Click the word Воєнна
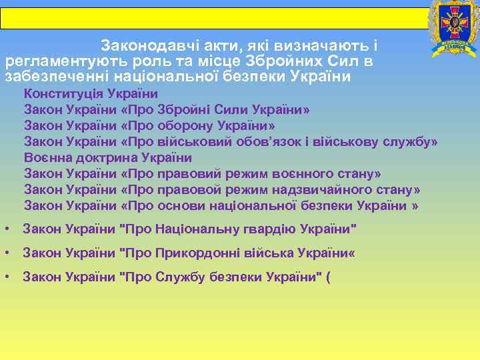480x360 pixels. point(47,157)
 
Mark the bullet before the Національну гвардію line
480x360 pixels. point(6,229)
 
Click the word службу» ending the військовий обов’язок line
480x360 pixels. point(416,141)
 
